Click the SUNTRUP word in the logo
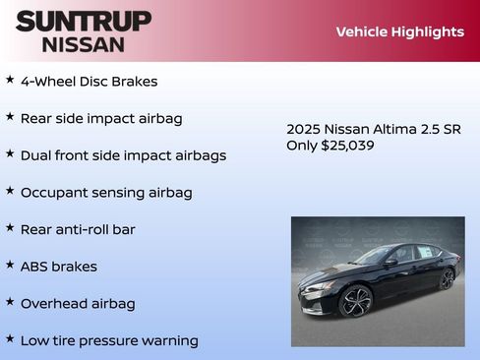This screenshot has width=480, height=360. (x=83, y=21)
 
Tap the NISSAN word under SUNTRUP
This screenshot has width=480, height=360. (x=83, y=44)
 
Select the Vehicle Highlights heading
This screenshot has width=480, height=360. (x=399, y=31)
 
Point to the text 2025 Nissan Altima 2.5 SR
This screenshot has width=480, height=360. (x=373, y=129)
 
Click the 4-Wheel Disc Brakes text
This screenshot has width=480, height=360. (x=89, y=82)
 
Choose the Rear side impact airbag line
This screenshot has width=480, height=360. (x=101, y=118)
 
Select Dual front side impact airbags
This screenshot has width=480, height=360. (x=123, y=155)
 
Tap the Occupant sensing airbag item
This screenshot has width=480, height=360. (x=106, y=193)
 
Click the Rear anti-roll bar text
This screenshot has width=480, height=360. (x=78, y=229)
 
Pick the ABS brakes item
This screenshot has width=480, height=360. (x=58, y=267)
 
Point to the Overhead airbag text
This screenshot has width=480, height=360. (x=78, y=304)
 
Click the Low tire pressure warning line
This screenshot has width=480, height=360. (x=109, y=341)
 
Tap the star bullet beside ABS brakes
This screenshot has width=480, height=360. (x=10, y=265)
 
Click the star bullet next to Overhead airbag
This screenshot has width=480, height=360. (x=10, y=302)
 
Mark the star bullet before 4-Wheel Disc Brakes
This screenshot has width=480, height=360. (x=10, y=80)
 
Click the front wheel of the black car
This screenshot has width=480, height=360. (x=356, y=301)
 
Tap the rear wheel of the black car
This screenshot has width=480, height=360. (x=447, y=278)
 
